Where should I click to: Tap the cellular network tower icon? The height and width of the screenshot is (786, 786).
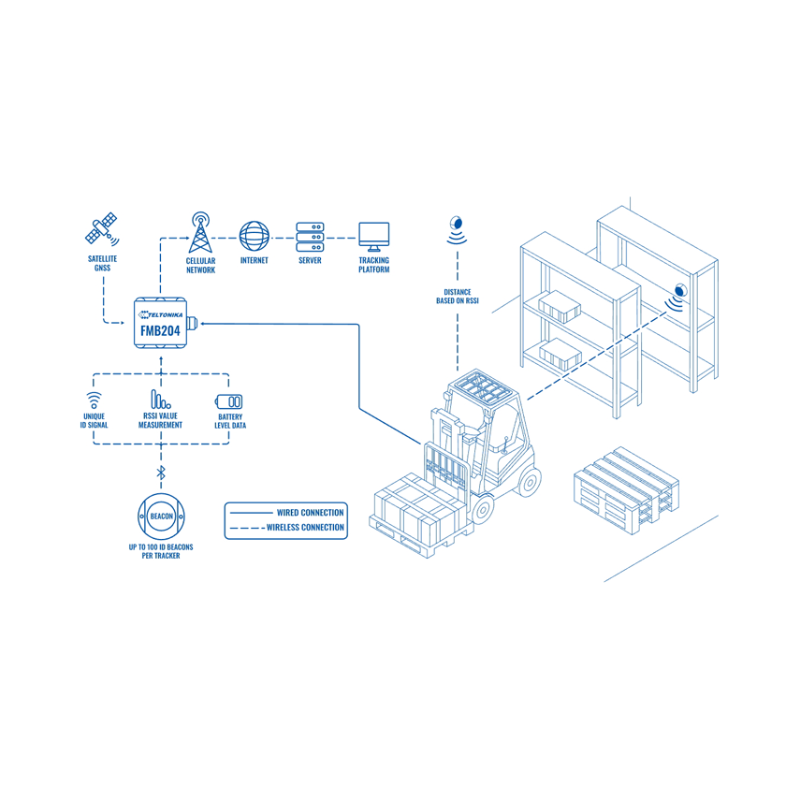tap(200, 232)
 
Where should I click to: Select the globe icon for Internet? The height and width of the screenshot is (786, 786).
tap(254, 235)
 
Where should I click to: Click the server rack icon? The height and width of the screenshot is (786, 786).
tap(310, 235)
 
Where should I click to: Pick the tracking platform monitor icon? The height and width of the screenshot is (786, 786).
tap(374, 236)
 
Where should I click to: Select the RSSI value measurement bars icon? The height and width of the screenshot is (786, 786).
tap(159, 400)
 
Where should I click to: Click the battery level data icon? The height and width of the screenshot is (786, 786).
tap(230, 400)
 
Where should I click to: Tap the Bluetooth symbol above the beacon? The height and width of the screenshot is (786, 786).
tap(160, 472)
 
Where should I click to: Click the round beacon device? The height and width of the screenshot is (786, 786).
tap(160, 517)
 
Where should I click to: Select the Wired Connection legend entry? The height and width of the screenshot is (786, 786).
tap(285, 512)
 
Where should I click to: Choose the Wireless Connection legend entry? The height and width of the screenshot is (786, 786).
tap(285, 528)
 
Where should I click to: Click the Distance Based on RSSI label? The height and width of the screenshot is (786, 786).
tap(458, 297)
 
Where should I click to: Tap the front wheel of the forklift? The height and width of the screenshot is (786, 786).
tap(483, 508)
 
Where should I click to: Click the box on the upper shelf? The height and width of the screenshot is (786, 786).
tap(561, 303)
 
